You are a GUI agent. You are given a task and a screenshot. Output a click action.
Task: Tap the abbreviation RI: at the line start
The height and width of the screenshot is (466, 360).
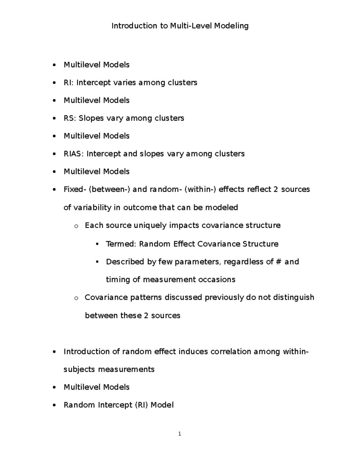point(69,83)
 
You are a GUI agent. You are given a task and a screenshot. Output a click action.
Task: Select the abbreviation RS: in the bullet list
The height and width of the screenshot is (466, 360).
point(70,118)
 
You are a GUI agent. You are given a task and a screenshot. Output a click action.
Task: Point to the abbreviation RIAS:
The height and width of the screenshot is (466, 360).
point(74,154)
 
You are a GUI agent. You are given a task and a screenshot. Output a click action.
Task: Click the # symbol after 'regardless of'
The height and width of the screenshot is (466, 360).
point(278,262)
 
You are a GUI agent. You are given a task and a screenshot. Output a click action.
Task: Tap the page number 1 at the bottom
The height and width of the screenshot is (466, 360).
point(179,434)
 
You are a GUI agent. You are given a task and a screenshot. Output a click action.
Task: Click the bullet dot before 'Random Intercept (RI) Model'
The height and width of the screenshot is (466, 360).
point(54,405)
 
